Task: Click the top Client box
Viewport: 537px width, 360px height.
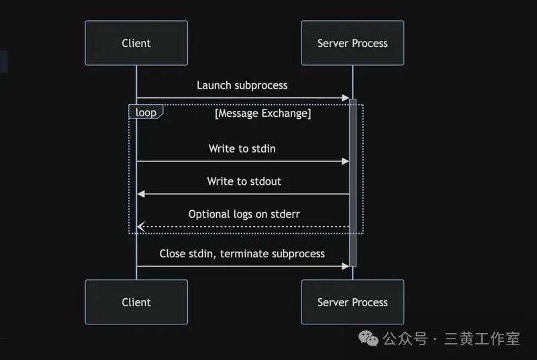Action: pyautogui.click(x=136, y=43)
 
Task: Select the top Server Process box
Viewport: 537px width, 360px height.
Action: pyautogui.click(x=352, y=43)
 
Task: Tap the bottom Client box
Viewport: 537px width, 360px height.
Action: pyautogui.click(x=136, y=302)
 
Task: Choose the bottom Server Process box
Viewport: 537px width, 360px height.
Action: pyautogui.click(x=352, y=302)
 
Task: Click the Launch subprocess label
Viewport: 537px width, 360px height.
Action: pyautogui.click(x=242, y=85)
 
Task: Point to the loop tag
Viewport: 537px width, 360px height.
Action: pyautogui.click(x=146, y=112)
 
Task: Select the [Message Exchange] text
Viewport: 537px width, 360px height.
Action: pyautogui.click(x=262, y=114)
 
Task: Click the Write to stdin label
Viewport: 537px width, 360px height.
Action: pyautogui.click(x=242, y=148)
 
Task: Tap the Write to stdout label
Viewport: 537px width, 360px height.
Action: pyautogui.click(x=244, y=181)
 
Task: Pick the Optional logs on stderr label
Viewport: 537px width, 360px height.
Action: pyautogui.click(x=244, y=214)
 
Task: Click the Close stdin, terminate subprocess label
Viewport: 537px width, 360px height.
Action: pyautogui.click(x=242, y=253)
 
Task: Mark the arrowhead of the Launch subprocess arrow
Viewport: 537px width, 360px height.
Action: pyautogui.click(x=346, y=98)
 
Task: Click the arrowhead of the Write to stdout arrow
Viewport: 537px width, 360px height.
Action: pyautogui.click(x=141, y=194)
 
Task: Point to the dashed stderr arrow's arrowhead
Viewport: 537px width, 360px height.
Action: pyautogui.click(x=141, y=227)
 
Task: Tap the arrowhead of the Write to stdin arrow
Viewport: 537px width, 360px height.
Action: pyautogui.click(x=346, y=161)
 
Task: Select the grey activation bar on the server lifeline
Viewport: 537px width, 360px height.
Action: pyautogui.click(x=352, y=181)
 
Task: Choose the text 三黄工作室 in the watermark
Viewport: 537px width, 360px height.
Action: pyautogui.click(x=482, y=339)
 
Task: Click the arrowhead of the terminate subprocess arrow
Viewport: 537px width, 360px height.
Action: pyautogui.click(x=346, y=266)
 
